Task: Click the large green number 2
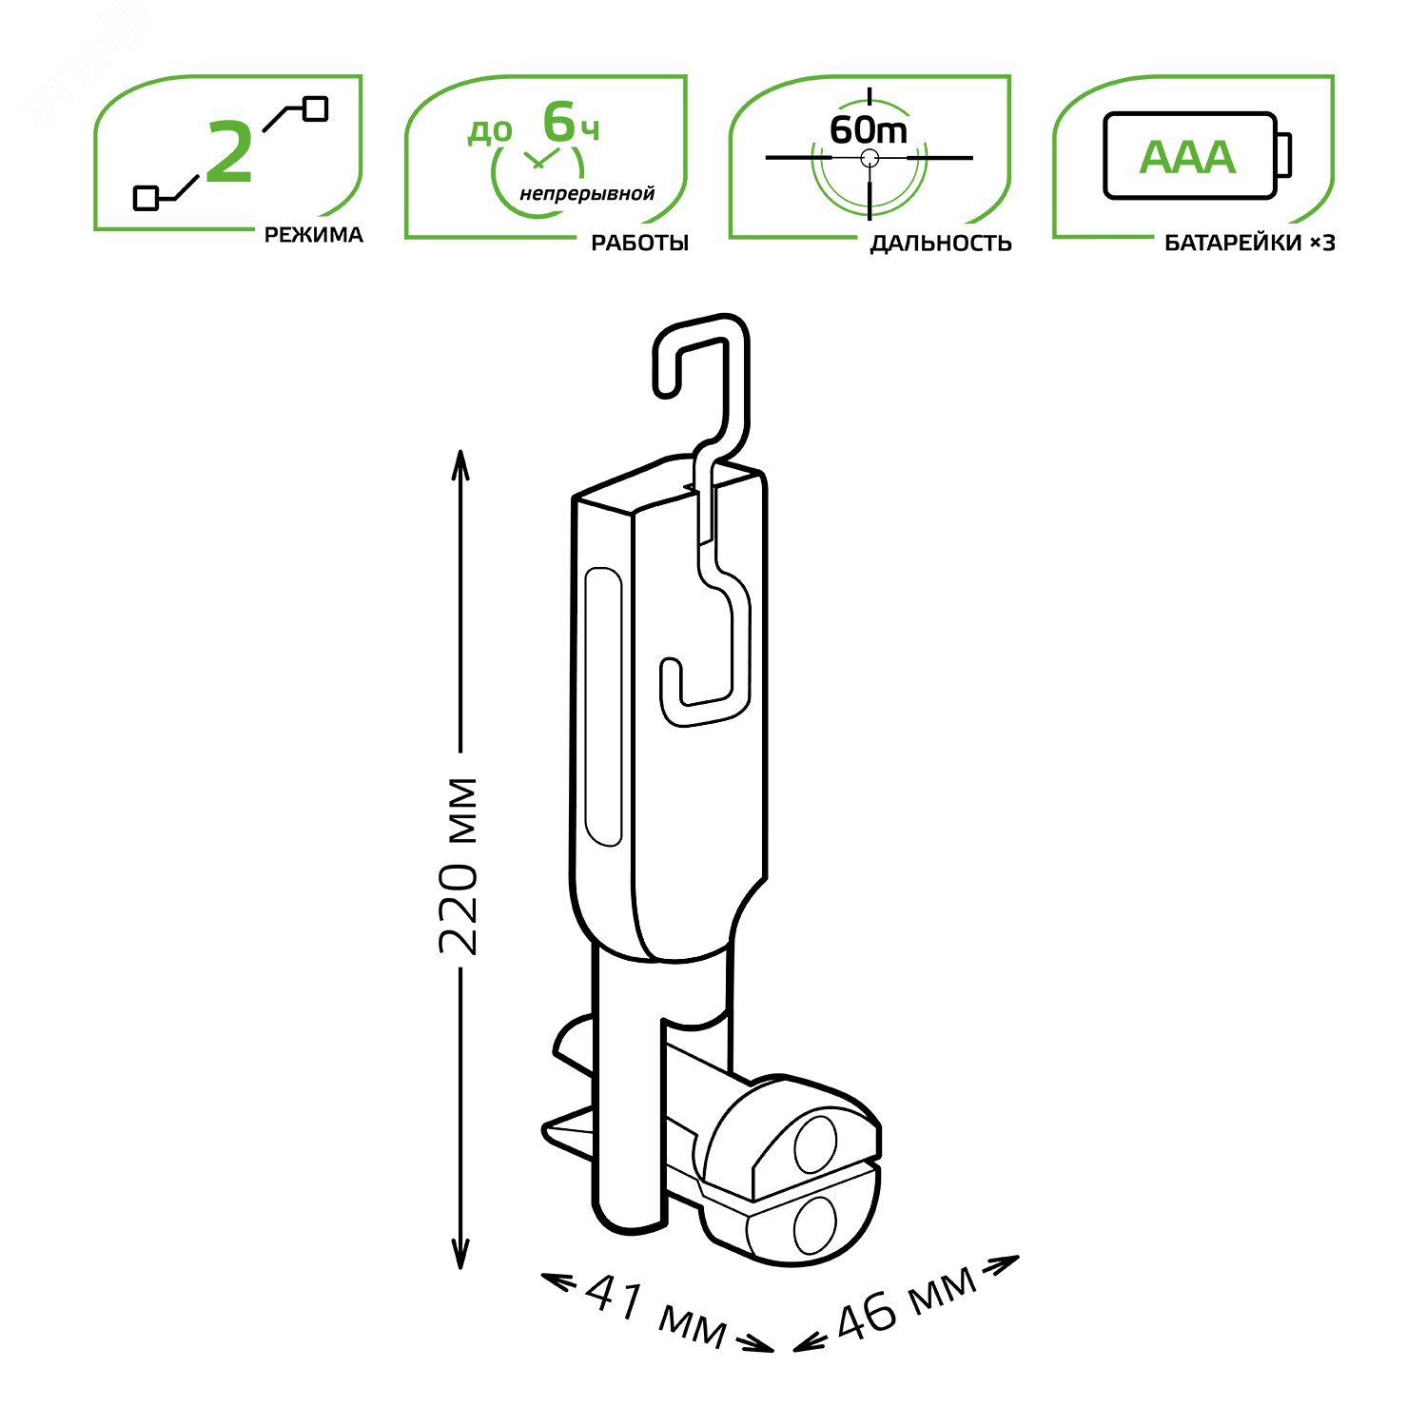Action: pyautogui.click(x=229, y=152)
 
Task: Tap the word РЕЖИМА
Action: pyautogui.click(x=313, y=235)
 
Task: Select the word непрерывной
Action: pyautogui.click(x=587, y=194)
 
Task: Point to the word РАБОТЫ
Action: pyautogui.click(x=639, y=243)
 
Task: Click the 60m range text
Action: pyautogui.click(x=868, y=129)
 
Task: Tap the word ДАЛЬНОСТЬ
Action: pyautogui.click(x=940, y=244)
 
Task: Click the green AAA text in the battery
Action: pyautogui.click(x=1187, y=158)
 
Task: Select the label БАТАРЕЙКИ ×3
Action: pyautogui.click(x=1249, y=244)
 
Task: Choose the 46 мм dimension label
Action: pyautogui.click(x=905, y=1302)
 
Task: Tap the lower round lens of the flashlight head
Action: pyautogui.click(x=813, y=1225)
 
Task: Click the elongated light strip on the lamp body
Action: pyautogui.click(x=602, y=706)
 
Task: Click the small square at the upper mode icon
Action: pyautogui.click(x=315, y=108)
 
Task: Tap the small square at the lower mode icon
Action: pyautogui.click(x=146, y=198)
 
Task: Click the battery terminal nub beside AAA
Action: pyautogui.click(x=1283, y=155)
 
